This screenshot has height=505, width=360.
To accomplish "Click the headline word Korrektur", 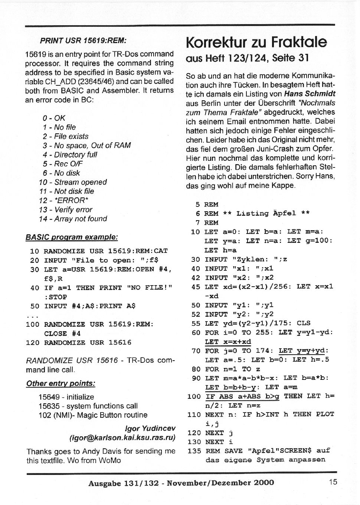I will (216, 42).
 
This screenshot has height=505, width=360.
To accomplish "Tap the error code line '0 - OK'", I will (54, 118).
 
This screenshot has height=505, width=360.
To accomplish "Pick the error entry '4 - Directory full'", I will (70, 154).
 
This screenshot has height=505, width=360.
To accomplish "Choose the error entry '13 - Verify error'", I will (65, 210).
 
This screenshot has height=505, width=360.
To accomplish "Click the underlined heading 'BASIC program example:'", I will (72, 237).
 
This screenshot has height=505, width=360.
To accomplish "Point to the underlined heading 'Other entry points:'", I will (60, 384).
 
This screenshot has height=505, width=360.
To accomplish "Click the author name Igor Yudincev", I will (150, 429).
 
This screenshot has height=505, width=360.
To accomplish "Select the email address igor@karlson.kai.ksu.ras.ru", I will (122, 437).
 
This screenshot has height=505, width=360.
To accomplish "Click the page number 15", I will (333, 482).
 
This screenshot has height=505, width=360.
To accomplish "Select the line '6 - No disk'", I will (61, 173).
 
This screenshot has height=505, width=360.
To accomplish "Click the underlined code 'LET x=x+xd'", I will (228, 342).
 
